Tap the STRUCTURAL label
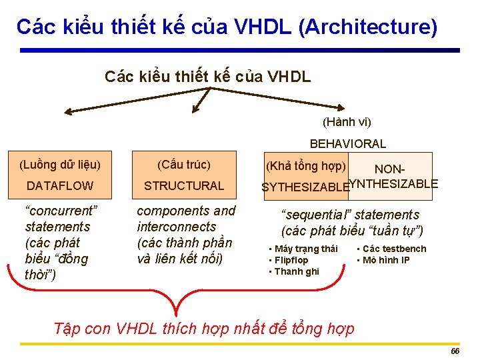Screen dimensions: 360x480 tap(184, 185)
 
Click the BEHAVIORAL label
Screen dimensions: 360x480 tap(347, 143)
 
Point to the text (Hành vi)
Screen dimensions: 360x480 tap(347, 122)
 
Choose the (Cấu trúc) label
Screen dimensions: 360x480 tap(184, 165)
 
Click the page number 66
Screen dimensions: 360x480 tap(455, 351)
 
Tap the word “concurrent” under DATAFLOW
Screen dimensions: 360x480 tap(61, 211)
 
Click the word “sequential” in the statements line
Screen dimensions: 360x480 tap(316, 215)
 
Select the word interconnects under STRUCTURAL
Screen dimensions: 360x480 tap(177, 227)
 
